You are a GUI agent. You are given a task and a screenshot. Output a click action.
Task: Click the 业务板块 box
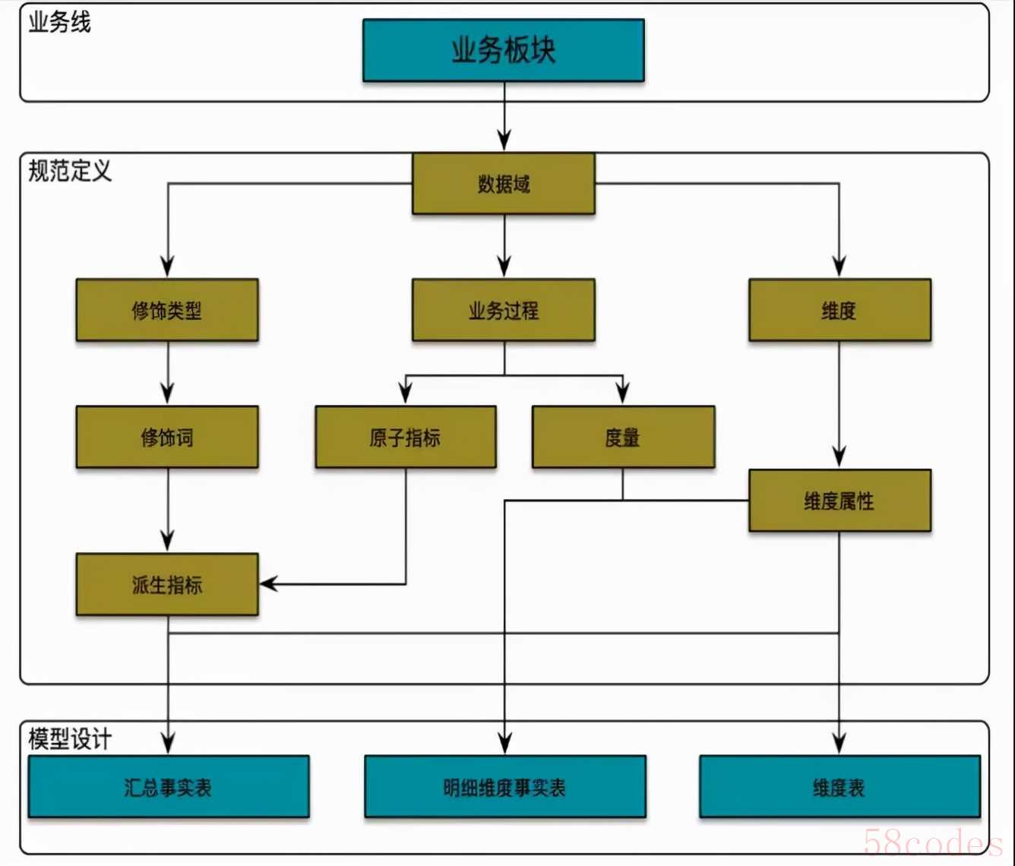click(x=504, y=50)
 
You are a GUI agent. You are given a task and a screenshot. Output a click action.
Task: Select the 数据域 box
click(x=504, y=184)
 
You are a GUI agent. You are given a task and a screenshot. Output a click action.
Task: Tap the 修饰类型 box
click(x=167, y=310)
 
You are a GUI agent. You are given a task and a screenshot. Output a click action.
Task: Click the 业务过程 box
click(x=504, y=310)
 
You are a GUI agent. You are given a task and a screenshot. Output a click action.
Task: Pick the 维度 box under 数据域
click(x=840, y=310)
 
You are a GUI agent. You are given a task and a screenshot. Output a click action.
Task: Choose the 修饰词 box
click(x=167, y=437)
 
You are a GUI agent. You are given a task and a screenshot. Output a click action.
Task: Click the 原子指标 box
click(x=406, y=437)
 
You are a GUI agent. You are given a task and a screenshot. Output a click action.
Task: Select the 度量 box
click(x=623, y=437)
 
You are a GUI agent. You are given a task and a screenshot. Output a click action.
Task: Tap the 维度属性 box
click(x=840, y=501)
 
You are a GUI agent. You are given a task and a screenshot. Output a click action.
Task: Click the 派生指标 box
click(x=167, y=584)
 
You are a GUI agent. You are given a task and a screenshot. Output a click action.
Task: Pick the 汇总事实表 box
click(x=169, y=786)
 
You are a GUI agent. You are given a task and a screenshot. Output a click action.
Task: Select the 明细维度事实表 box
click(x=504, y=786)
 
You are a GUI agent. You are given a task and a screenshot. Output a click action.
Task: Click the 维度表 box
click(x=840, y=786)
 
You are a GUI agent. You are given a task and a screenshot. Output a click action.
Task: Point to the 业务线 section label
click(x=59, y=23)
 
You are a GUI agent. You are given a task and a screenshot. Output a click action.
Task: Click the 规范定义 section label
click(x=70, y=171)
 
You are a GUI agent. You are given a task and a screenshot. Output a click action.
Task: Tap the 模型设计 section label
click(x=70, y=739)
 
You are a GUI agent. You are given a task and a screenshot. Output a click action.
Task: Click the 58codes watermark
click(x=933, y=842)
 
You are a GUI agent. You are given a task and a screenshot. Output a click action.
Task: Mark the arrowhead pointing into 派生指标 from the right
click(x=268, y=583)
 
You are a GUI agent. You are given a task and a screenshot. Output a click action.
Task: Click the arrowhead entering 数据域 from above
click(x=504, y=140)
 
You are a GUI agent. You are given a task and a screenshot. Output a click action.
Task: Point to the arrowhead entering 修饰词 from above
click(x=168, y=393)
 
